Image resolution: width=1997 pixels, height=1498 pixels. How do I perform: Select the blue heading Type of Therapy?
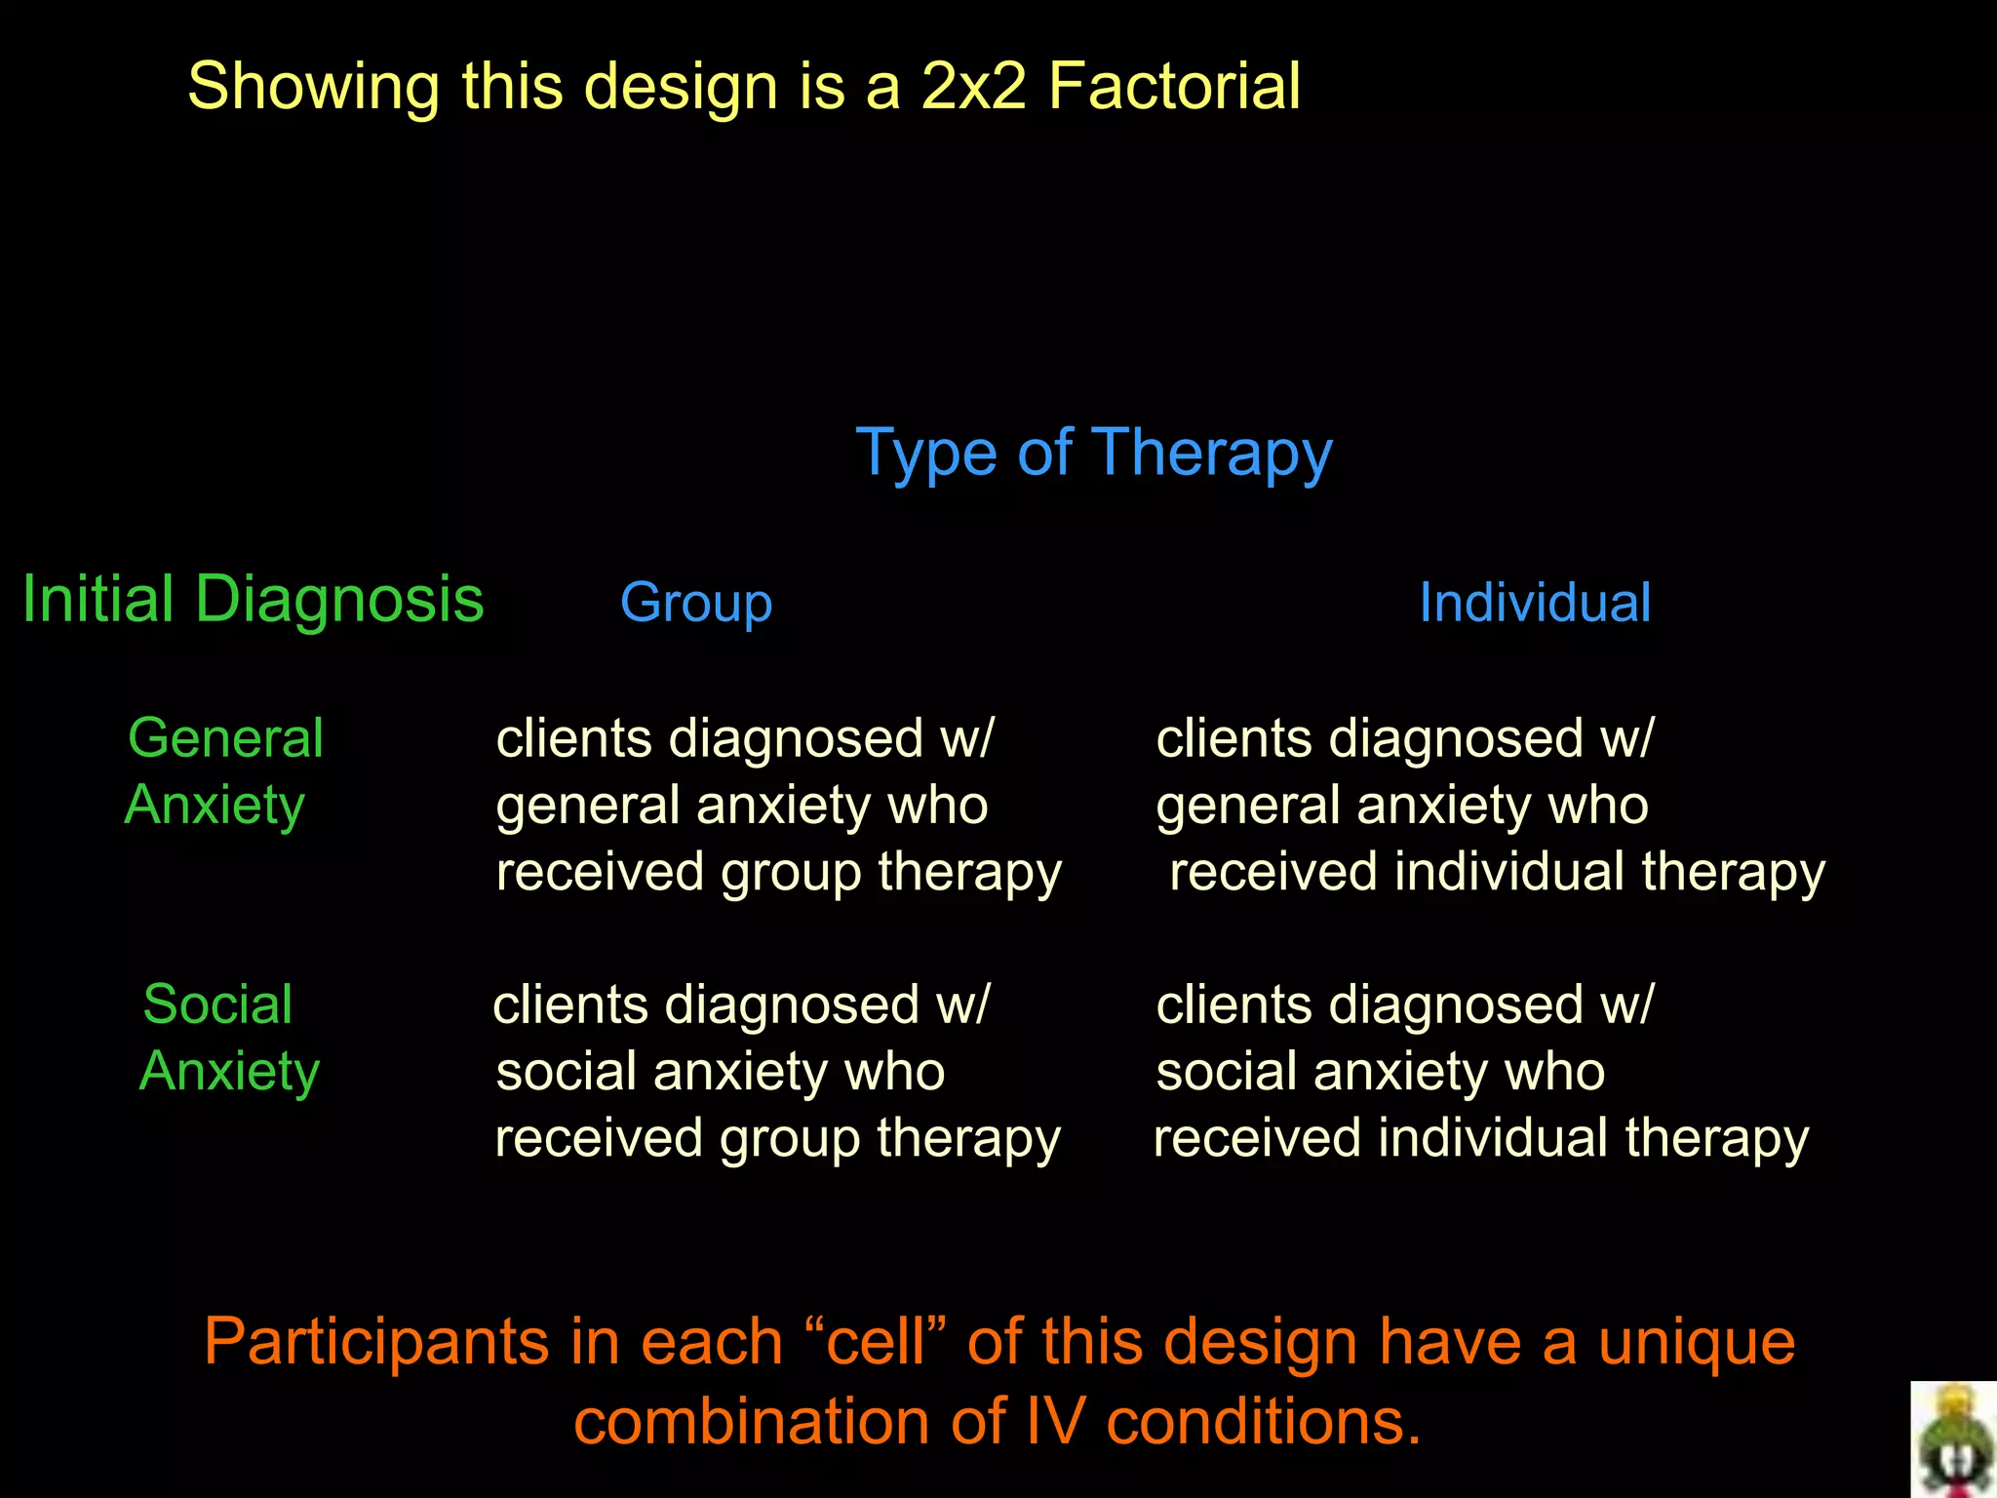coord(1093,453)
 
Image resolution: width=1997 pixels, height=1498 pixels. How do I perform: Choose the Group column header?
coord(696,602)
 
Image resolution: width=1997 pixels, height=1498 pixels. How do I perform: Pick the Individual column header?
coord(1534,602)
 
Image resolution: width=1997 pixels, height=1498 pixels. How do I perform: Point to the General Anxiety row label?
coord(223,770)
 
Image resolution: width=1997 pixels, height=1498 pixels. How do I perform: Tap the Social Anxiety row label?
coord(228,1037)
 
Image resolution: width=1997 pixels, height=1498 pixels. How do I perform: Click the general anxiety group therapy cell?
coord(777,805)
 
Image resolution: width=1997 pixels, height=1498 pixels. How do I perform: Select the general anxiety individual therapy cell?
coord(1489,805)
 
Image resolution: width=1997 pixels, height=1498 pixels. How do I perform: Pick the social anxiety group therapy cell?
coord(776,1071)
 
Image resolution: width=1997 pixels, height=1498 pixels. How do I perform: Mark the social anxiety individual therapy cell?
coord(1481,1071)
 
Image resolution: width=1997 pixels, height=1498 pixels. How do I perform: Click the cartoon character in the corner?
coord(1954,1440)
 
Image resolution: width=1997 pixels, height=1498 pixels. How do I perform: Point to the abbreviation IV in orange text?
coord(1054,1421)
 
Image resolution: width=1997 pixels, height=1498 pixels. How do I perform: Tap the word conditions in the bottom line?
coord(1263,1421)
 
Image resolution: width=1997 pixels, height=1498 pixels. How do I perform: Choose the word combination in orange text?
coord(752,1421)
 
